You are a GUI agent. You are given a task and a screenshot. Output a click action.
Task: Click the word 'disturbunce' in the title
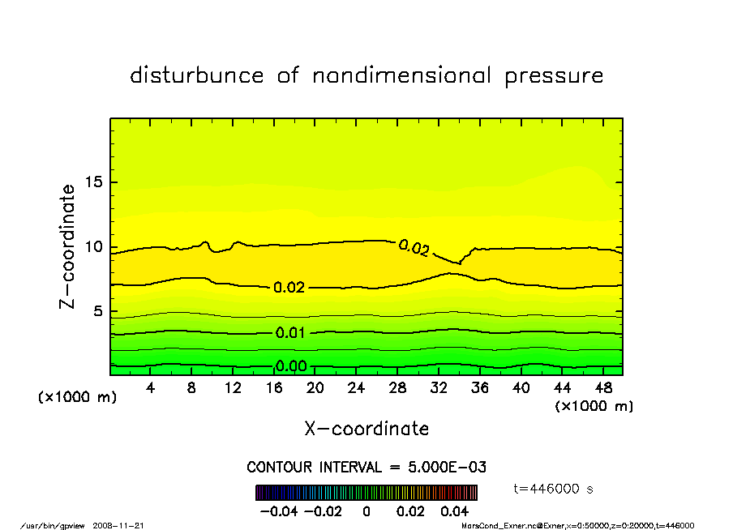pos(196,76)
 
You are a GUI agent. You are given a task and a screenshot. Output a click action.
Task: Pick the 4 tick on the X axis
pos(151,388)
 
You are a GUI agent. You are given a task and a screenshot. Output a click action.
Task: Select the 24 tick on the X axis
pos(356,388)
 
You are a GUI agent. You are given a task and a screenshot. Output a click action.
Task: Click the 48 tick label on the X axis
pos(603,388)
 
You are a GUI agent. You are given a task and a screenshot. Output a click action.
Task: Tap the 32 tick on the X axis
pos(439,388)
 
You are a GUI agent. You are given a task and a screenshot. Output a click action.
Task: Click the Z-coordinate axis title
pos(68,246)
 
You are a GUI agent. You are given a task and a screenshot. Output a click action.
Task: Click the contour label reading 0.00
pos(291,366)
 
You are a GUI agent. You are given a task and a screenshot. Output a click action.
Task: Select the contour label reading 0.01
pos(291,333)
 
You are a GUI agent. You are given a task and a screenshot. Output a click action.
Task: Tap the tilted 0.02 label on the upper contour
pos(414,248)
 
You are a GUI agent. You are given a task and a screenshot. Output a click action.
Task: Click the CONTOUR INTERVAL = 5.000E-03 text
pos(366,468)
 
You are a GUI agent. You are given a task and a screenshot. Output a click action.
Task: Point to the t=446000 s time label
pos(555,489)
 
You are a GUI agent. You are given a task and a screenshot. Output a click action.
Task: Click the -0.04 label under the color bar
pos(278,511)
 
